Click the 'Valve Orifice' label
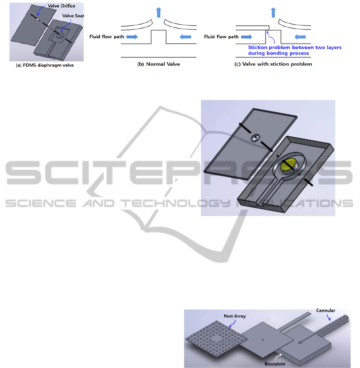click(62, 6)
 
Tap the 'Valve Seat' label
click(73, 16)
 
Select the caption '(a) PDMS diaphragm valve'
click(45, 65)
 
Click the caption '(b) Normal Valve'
click(159, 64)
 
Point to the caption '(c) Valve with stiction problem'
click(273, 64)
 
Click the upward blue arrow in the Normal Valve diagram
click(159, 12)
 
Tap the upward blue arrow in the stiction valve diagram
click(273, 12)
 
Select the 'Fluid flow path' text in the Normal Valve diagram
click(107, 37)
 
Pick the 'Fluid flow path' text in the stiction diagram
click(221, 37)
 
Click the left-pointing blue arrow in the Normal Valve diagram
click(185, 37)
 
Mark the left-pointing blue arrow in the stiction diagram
click(300, 37)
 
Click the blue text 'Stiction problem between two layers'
click(294, 48)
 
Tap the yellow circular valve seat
click(288, 164)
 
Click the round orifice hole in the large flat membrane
click(255, 138)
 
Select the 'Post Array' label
click(235, 316)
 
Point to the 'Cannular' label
click(326, 310)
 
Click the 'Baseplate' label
click(275, 364)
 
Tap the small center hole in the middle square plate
click(263, 340)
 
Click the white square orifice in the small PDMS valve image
click(37, 20)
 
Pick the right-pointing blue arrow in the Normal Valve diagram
click(132, 37)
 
